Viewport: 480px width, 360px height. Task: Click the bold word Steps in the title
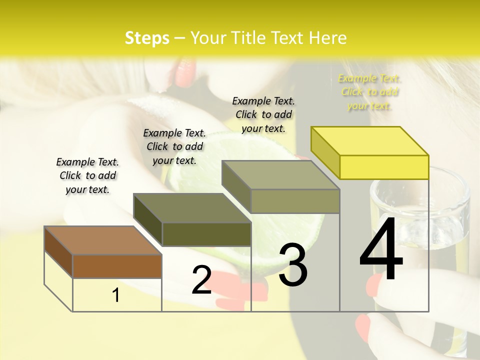[147, 38]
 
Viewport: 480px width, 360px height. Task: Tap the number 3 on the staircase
[292, 265]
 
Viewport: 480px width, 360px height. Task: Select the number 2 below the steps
[201, 279]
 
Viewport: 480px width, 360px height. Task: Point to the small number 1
[116, 295]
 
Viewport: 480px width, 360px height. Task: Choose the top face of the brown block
[103, 240]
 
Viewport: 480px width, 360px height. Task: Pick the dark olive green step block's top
[192, 208]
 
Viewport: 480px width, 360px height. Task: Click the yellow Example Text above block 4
[369, 92]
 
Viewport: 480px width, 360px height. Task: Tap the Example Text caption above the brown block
[87, 175]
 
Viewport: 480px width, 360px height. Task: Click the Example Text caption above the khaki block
[263, 114]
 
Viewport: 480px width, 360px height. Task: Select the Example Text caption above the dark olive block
[174, 146]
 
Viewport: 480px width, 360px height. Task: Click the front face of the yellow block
[384, 167]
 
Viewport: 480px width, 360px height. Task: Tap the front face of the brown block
[117, 266]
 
